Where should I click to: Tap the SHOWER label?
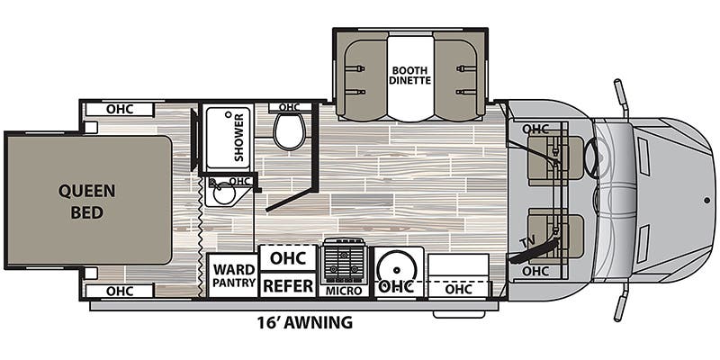click(x=240, y=137)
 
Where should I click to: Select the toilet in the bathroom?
click(x=290, y=131)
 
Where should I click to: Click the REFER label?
click(x=287, y=286)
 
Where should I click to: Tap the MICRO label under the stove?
click(x=345, y=291)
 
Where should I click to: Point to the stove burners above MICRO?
click(x=345, y=263)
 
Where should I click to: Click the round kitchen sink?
click(x=396, y=267)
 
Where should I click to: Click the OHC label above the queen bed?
click(x=120, y=110)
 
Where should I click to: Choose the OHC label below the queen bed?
click(x=120, y=291)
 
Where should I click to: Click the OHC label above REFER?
click(x=287, y=257)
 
